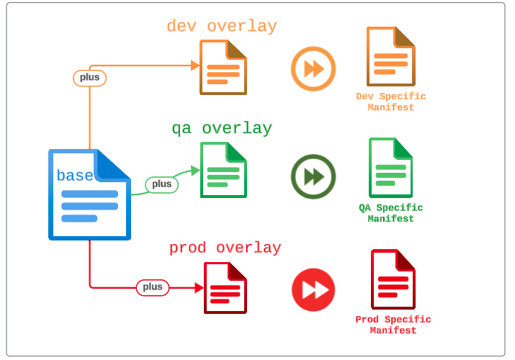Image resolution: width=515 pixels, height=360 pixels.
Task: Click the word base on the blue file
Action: pyautogui.click(x=75, y=175)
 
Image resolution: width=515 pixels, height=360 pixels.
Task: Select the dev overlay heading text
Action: pyautogui.click(x=222, y=27)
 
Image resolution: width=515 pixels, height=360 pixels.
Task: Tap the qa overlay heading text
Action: pyautogui.click(x=222, y=129)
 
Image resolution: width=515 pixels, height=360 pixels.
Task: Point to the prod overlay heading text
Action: pyautogui.click(x=225, y=248)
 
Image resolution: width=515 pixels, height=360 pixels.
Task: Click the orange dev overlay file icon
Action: pyautogui.click(x=223, y=67)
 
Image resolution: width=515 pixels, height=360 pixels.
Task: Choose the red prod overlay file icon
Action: pyautogui.click(x=225, y=287)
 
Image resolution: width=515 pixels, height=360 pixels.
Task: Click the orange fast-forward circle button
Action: pyautogui.click(x=313, y=69)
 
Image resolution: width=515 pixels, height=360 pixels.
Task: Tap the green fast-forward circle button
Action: pyautogui.click(x=313, y=176)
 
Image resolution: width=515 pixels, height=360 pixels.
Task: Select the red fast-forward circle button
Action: pyautogui.click(x=313, y=289)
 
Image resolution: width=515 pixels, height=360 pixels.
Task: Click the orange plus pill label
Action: pyautogui.click(x=90, y=78)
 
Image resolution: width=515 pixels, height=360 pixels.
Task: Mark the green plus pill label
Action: pyautogui.click(x=162, y=184)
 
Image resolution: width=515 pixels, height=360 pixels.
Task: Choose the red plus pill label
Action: pyautogui.click(x=153, y=287)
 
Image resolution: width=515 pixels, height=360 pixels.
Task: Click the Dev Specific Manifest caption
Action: pyautogui.click(x=391, y=102)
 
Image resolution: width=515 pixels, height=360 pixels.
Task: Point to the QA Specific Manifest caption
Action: pyautogui.click(x=391, y=213)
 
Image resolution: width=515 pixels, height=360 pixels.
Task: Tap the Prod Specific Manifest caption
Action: pyautogui.click(x=393, y=325)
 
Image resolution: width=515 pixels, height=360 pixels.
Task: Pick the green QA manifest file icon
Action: pyautogui.click(x=390, y=168)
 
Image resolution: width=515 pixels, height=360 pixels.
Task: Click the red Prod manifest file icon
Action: pyautogui.click(x=393, y=279)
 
